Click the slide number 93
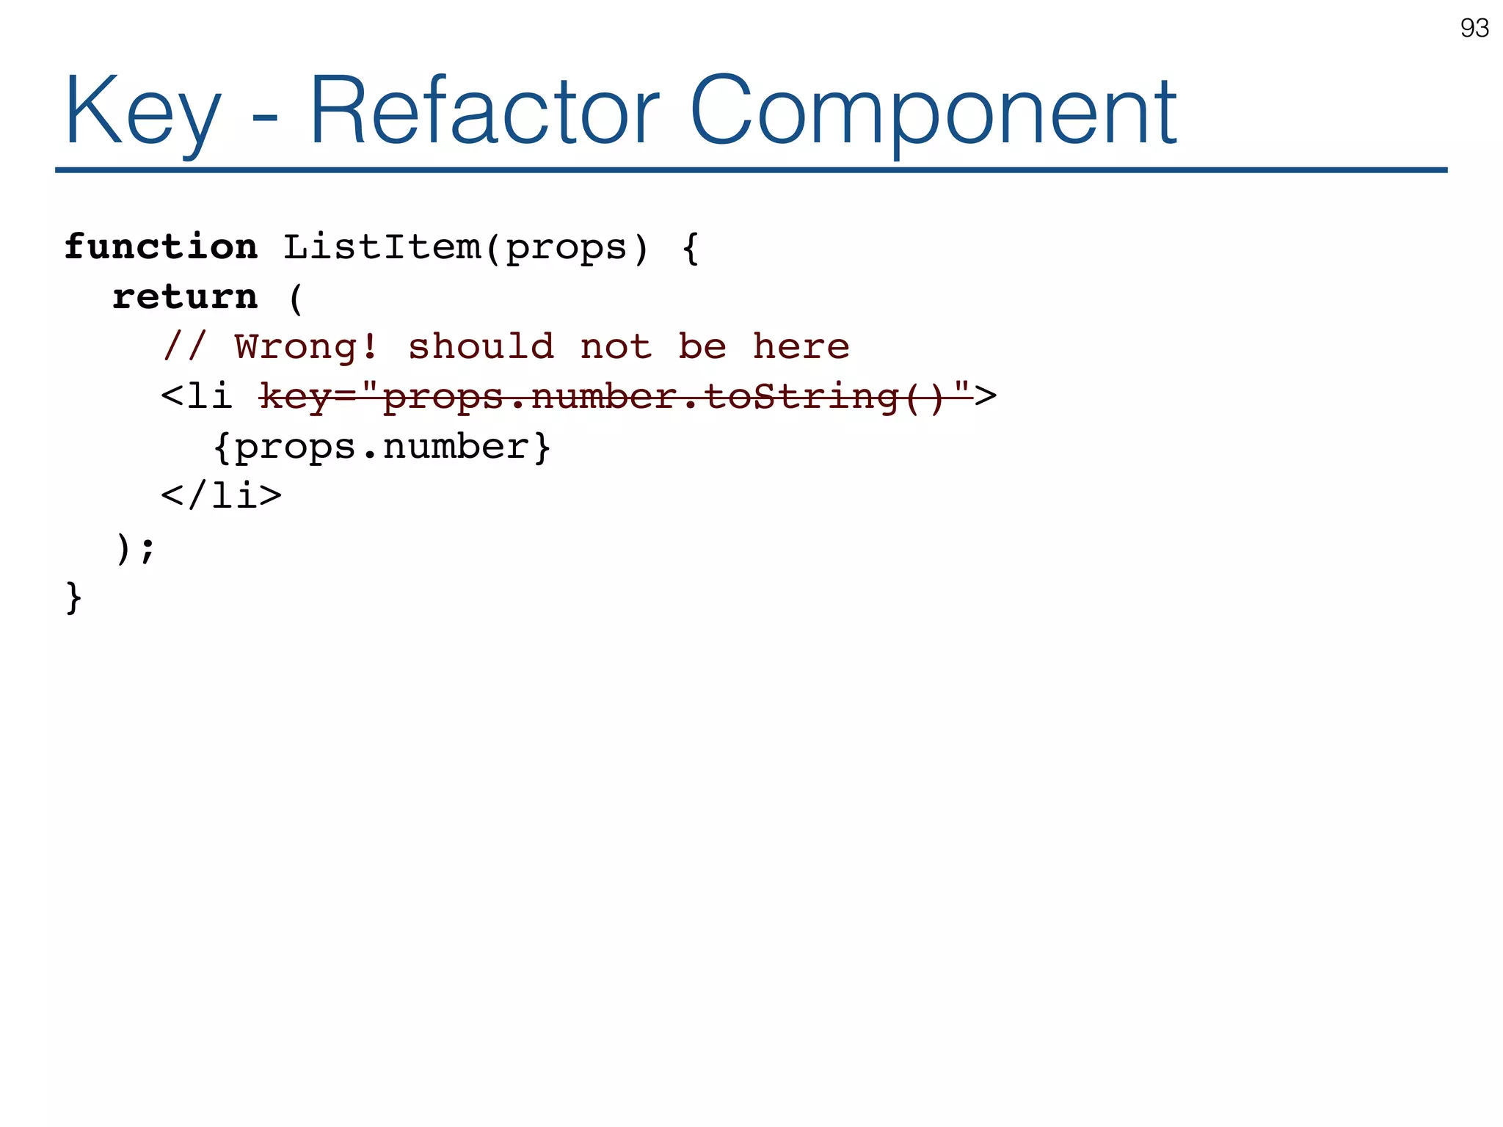(x=1474, y=28)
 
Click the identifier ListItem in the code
(x=382, y=247)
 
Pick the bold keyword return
(x=185, y=297)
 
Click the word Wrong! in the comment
(x=306, y=347)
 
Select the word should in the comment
(x=481, y=347)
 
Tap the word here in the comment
(x=801, y=347)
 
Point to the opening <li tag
(x=197, y=398)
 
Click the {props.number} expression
(x=382, y=448)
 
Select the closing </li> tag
(x=222, y=497)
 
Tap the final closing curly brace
(x=73, y=597)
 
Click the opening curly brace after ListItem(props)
(x=690, y=248)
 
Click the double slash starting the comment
(x=185, y=347)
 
